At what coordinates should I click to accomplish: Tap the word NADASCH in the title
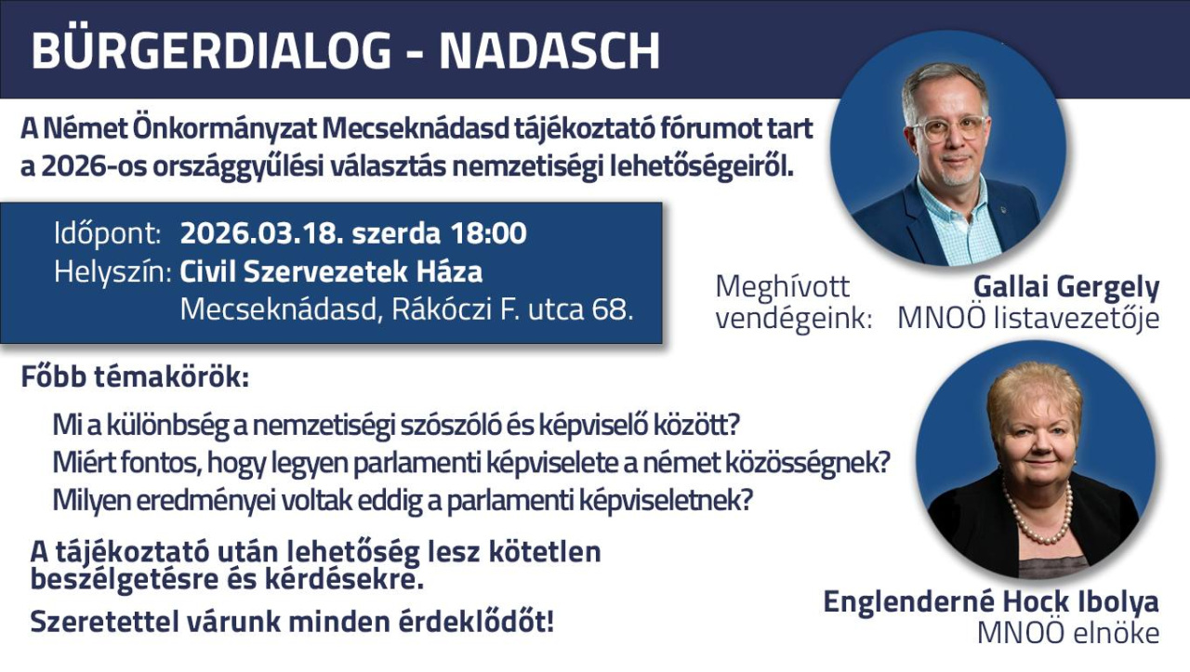coord(549,51)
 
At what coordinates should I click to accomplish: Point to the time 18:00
coord(488,233)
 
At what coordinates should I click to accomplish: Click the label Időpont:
coord(108,234)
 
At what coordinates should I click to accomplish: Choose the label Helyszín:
coord(112,272)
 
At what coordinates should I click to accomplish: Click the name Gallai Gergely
coord(1066,288)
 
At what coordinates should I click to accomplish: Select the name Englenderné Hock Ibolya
coord(991,603)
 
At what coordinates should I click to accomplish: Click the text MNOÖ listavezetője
coord(1028,319)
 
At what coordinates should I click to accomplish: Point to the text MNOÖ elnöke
coord(1068,633)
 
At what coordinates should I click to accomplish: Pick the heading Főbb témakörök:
coord(135,377)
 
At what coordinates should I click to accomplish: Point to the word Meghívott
coord(783,287)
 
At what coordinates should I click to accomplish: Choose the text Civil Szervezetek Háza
coord(332,272)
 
